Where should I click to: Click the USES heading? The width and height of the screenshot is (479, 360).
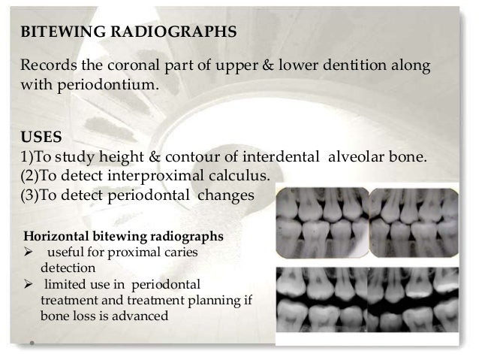[40, 138]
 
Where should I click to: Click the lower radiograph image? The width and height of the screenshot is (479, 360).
[368, 301]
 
